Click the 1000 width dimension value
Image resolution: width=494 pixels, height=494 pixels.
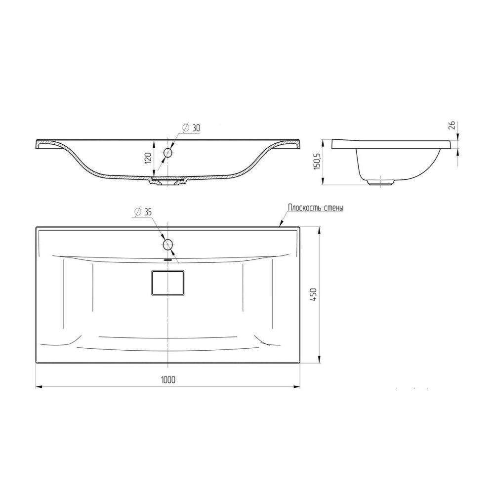click(168, 380)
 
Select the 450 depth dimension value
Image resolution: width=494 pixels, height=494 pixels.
click(314, 294)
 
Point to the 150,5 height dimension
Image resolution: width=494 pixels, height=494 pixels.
click(317, 162)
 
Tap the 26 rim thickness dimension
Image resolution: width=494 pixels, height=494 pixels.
click(452, 125)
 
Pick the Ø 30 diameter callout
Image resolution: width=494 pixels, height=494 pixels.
click(191, 127)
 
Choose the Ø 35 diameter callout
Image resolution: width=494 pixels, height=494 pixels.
click(143, 212)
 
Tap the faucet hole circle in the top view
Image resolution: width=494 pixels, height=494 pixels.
click(168, 244)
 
